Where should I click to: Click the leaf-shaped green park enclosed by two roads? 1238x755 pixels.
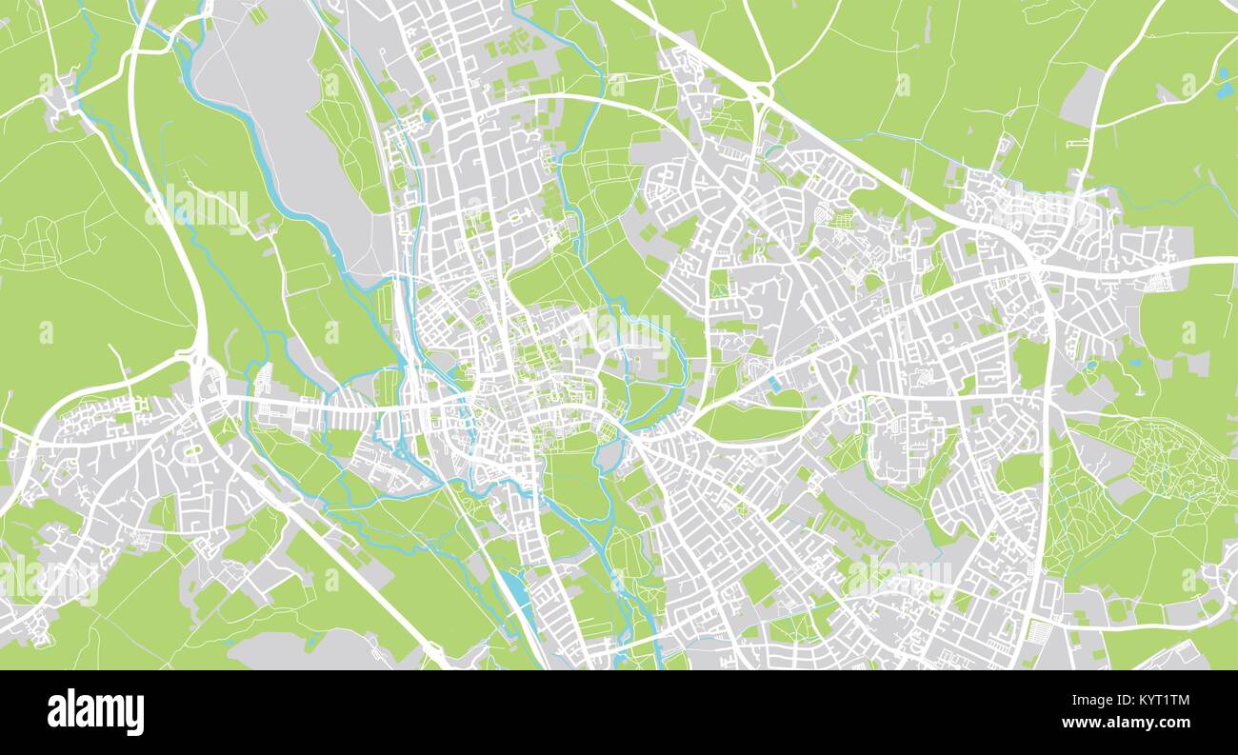(752, 420)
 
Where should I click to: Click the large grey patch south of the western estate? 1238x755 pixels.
(286, 650)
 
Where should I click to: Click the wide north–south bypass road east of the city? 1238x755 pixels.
(1045, 428)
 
